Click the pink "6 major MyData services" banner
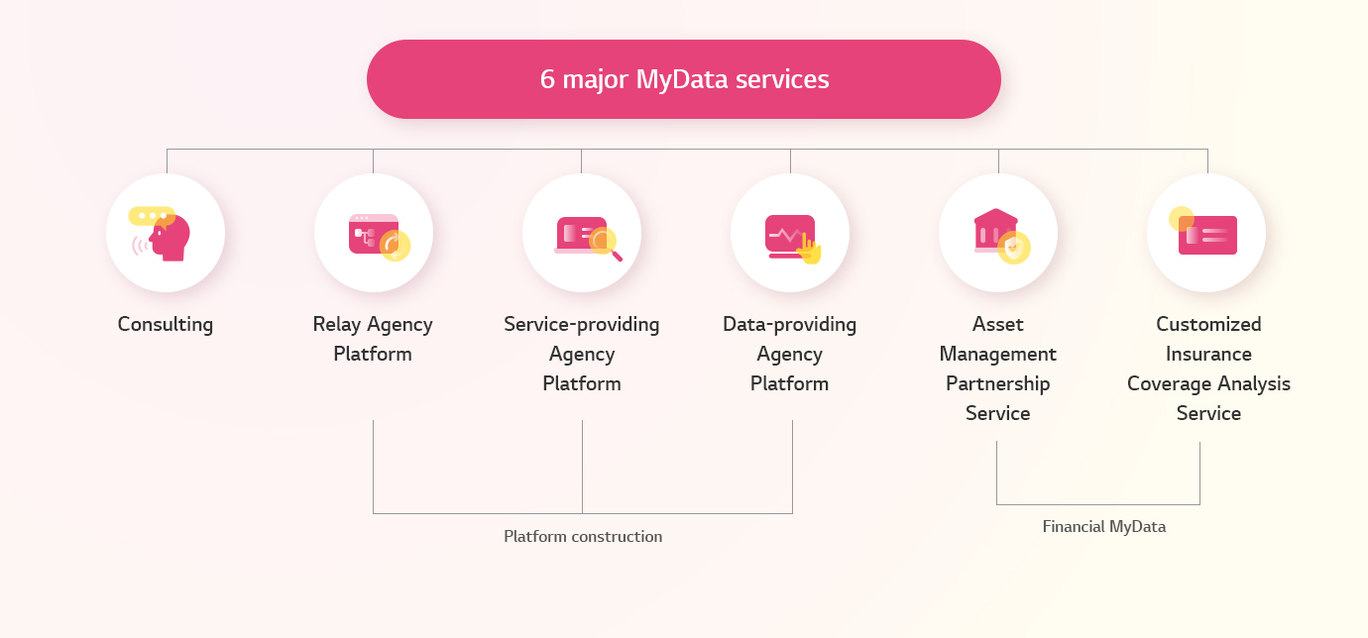click(x=683, y=79)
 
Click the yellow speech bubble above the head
click(x=152, y=216)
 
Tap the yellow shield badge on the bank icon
click(x=1014, y=248)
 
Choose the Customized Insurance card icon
click(x=1203, y=231)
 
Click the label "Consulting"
click(x=166, y=324)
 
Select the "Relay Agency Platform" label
click(x=373, y=339)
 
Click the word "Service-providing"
click(x=581, y=324)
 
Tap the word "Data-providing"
click(x=790, y=324)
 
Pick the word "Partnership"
click(x=998, y=384)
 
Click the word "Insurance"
click(x=1208, y=354)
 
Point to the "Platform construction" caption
click(x=583, y=536)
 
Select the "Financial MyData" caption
click(x=1104, y=526)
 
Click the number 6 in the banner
click(x=547, y=79)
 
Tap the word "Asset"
click(x=998, y=324)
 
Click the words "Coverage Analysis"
click(x=1208, y=384)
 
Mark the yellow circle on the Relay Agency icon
click(x=395, y=246)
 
